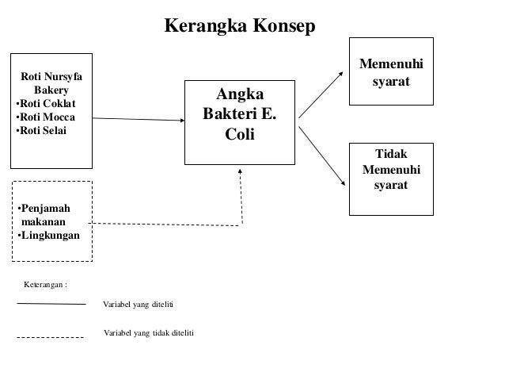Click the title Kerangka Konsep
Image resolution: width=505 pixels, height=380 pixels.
(239, 26)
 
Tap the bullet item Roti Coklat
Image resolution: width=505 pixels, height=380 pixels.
(47, 103)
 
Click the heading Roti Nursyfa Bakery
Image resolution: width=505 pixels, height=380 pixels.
(51, 83)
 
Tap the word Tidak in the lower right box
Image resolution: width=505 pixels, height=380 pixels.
(392, 155)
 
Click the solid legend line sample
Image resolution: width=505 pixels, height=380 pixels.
(51, 303)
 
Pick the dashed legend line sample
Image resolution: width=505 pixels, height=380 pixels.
(51, 337)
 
